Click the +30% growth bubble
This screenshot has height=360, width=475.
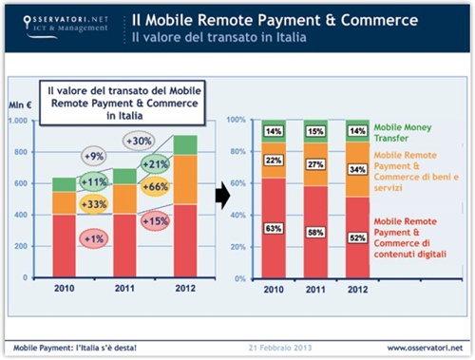point(140,140)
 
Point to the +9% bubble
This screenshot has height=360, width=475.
point(94,156)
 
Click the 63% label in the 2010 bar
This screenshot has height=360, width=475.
point(274,228)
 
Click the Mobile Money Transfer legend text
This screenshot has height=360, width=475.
point(400,130)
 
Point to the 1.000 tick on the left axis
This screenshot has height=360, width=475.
point(19,122)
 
